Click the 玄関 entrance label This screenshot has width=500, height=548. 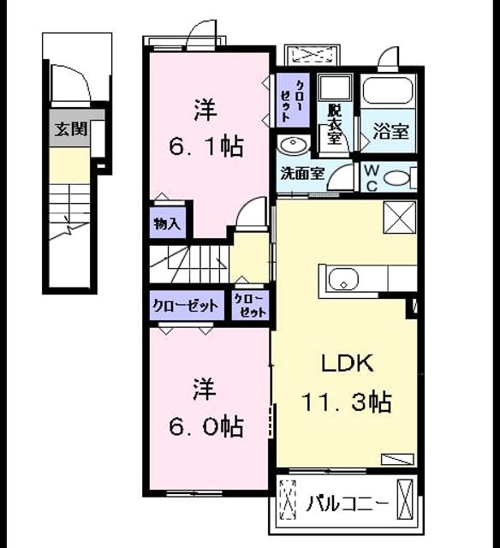click(x=71, y=129)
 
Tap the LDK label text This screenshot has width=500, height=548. click(x=348, y=363)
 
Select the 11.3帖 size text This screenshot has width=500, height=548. click(x=346, y=402)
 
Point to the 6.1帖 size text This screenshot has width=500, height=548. click(x=206, y=146)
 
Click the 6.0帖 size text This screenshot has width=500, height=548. click(x=206, y=426)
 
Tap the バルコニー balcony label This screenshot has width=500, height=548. click(x=347, y=503)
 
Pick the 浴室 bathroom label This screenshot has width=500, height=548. click(x=391, y=131)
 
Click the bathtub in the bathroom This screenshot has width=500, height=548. click(x=388, y=91)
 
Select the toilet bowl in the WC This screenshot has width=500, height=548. click(x=397, y=178)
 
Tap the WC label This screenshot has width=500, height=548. click(x=372, y=178)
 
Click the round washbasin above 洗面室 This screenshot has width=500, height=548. click(x=293, y=145)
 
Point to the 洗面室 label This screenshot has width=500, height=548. click(x=303, y=173)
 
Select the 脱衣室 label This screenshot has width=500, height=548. click(x=334, y=124)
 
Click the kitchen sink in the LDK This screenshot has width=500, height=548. click(x=343, y=279)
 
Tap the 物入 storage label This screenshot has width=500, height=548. click(x=167, y=223)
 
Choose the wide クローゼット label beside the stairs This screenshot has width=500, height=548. click(x=186, y=306)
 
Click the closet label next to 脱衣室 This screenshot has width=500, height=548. click(x=293, y=101)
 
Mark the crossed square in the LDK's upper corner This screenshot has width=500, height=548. click(x=400, y=217)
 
